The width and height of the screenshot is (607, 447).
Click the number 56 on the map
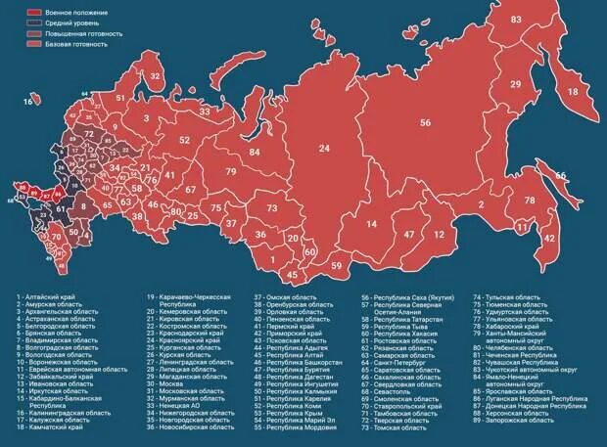pyautogui.click(x=425, y=123)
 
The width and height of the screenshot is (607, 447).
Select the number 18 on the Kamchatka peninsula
pyautogui.click(x=573, y=91)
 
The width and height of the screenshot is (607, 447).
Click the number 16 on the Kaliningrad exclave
pyautogui.click(x=29, y=101)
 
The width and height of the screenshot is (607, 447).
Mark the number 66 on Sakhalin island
pyautogui.click(x=561, y=176)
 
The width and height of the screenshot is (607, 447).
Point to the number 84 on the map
pyautogui.click(x=255, y=153)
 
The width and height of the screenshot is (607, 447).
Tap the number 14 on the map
pyautogui.click(x=372, y=224)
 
